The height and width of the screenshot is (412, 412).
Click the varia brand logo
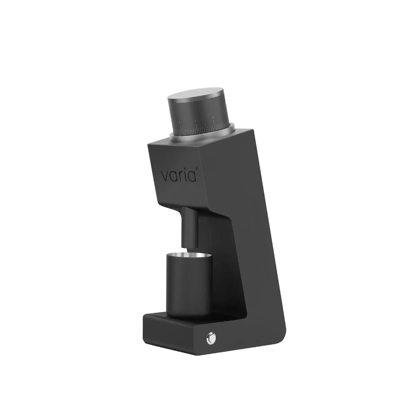(x=179, y=175)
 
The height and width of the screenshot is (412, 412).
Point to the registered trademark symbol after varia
(x=197, y=169)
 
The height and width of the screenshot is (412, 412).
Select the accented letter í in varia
(x=186, y=175)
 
